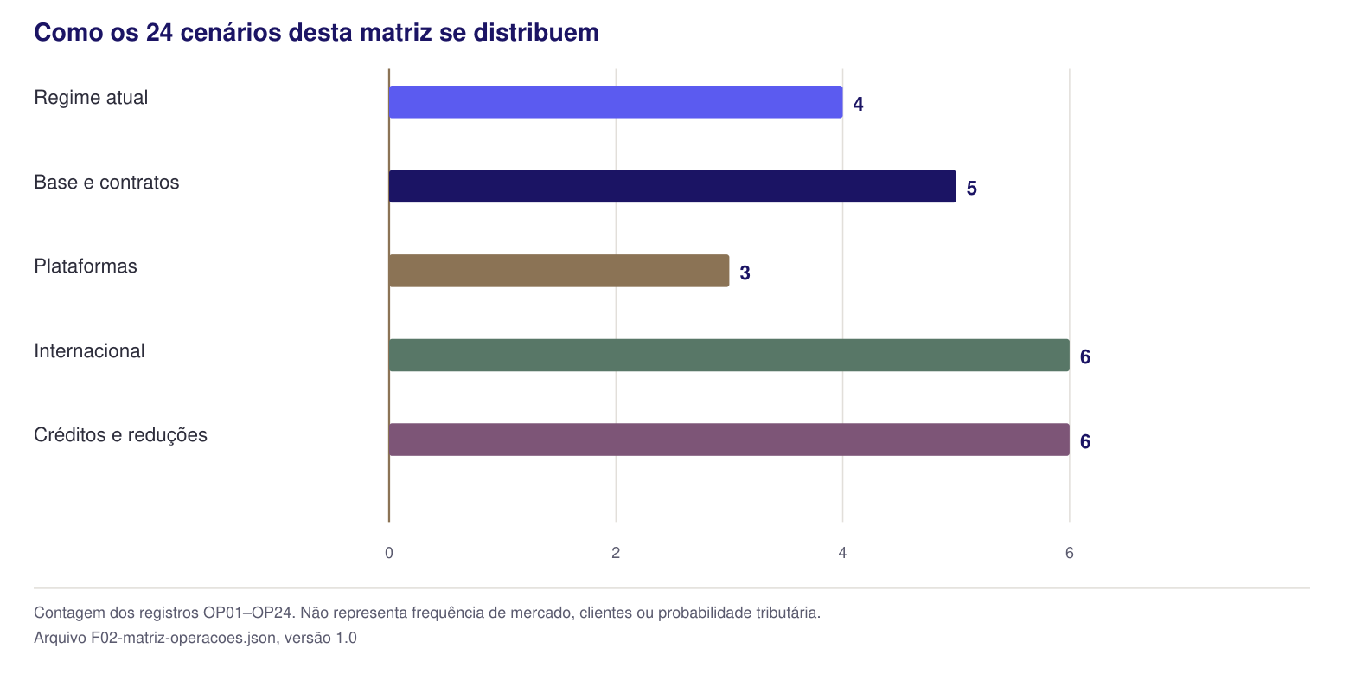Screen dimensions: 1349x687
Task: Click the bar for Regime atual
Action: pos(616,102)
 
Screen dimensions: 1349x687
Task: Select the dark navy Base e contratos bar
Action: pos(672,186)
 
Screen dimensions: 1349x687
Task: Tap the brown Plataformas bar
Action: pos(559,271)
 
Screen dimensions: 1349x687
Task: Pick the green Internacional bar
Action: pos(729,355)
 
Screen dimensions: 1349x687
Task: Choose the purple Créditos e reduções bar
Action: pos(729,440)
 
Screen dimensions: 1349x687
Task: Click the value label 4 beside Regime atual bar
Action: pos(858,104)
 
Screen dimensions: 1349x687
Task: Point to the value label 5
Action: pos(971,189)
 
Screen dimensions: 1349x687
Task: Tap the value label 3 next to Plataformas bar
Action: pos(745,273)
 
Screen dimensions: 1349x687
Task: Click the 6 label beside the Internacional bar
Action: pos(1085,357)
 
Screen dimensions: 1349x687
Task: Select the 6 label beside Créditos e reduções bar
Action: pos(1085,442)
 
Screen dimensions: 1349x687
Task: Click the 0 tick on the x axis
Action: pos(389,553)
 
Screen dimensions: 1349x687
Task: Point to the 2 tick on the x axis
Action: pos(616,553)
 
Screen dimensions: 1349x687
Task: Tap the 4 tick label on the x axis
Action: pos(842,553)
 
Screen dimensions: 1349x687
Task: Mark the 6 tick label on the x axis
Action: pos(1070,553)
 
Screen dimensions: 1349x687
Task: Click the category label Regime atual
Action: pos(91,98)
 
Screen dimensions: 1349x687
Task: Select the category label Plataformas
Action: pos(86,266)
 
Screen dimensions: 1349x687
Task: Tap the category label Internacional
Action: pos(89,350)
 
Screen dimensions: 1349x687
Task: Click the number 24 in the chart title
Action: pos(159,33)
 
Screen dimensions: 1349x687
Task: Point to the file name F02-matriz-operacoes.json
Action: pos(183,638)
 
